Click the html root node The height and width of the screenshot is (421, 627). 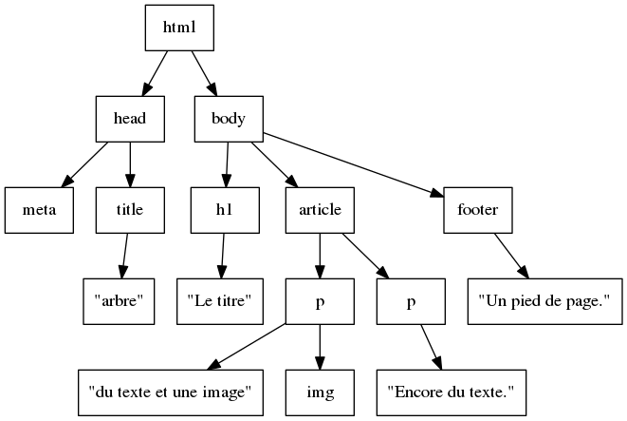tap(179, 28)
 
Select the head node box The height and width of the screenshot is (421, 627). tap(130, 119)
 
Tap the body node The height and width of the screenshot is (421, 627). tap(229, 119)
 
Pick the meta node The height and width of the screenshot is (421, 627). tap(39, 210)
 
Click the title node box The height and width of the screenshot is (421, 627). tap(130, 210)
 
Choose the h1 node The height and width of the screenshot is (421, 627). tap(225, 210)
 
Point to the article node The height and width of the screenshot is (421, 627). tap(320, 210)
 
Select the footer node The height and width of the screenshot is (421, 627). tap(478, 210)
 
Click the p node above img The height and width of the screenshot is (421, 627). tap(320, 301)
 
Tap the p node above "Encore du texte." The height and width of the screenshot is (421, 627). tap(411, 301)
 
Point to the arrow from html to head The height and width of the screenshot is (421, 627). tap(156, 72)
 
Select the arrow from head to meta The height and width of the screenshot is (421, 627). tap(85, 164)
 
